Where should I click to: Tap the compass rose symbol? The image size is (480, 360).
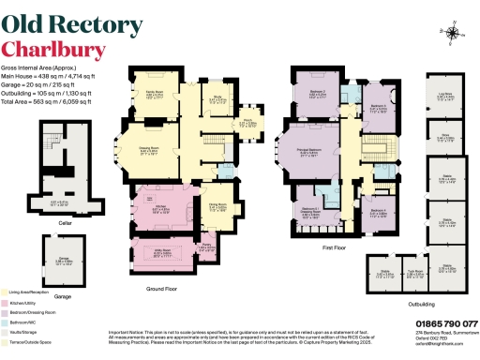click(454, 34)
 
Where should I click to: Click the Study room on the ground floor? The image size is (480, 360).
click(217, 97)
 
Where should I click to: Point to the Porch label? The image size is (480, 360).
click(251, 123)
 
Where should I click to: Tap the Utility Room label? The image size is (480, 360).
click(149, 252)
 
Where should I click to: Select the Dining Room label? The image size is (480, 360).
click(216, 209)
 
